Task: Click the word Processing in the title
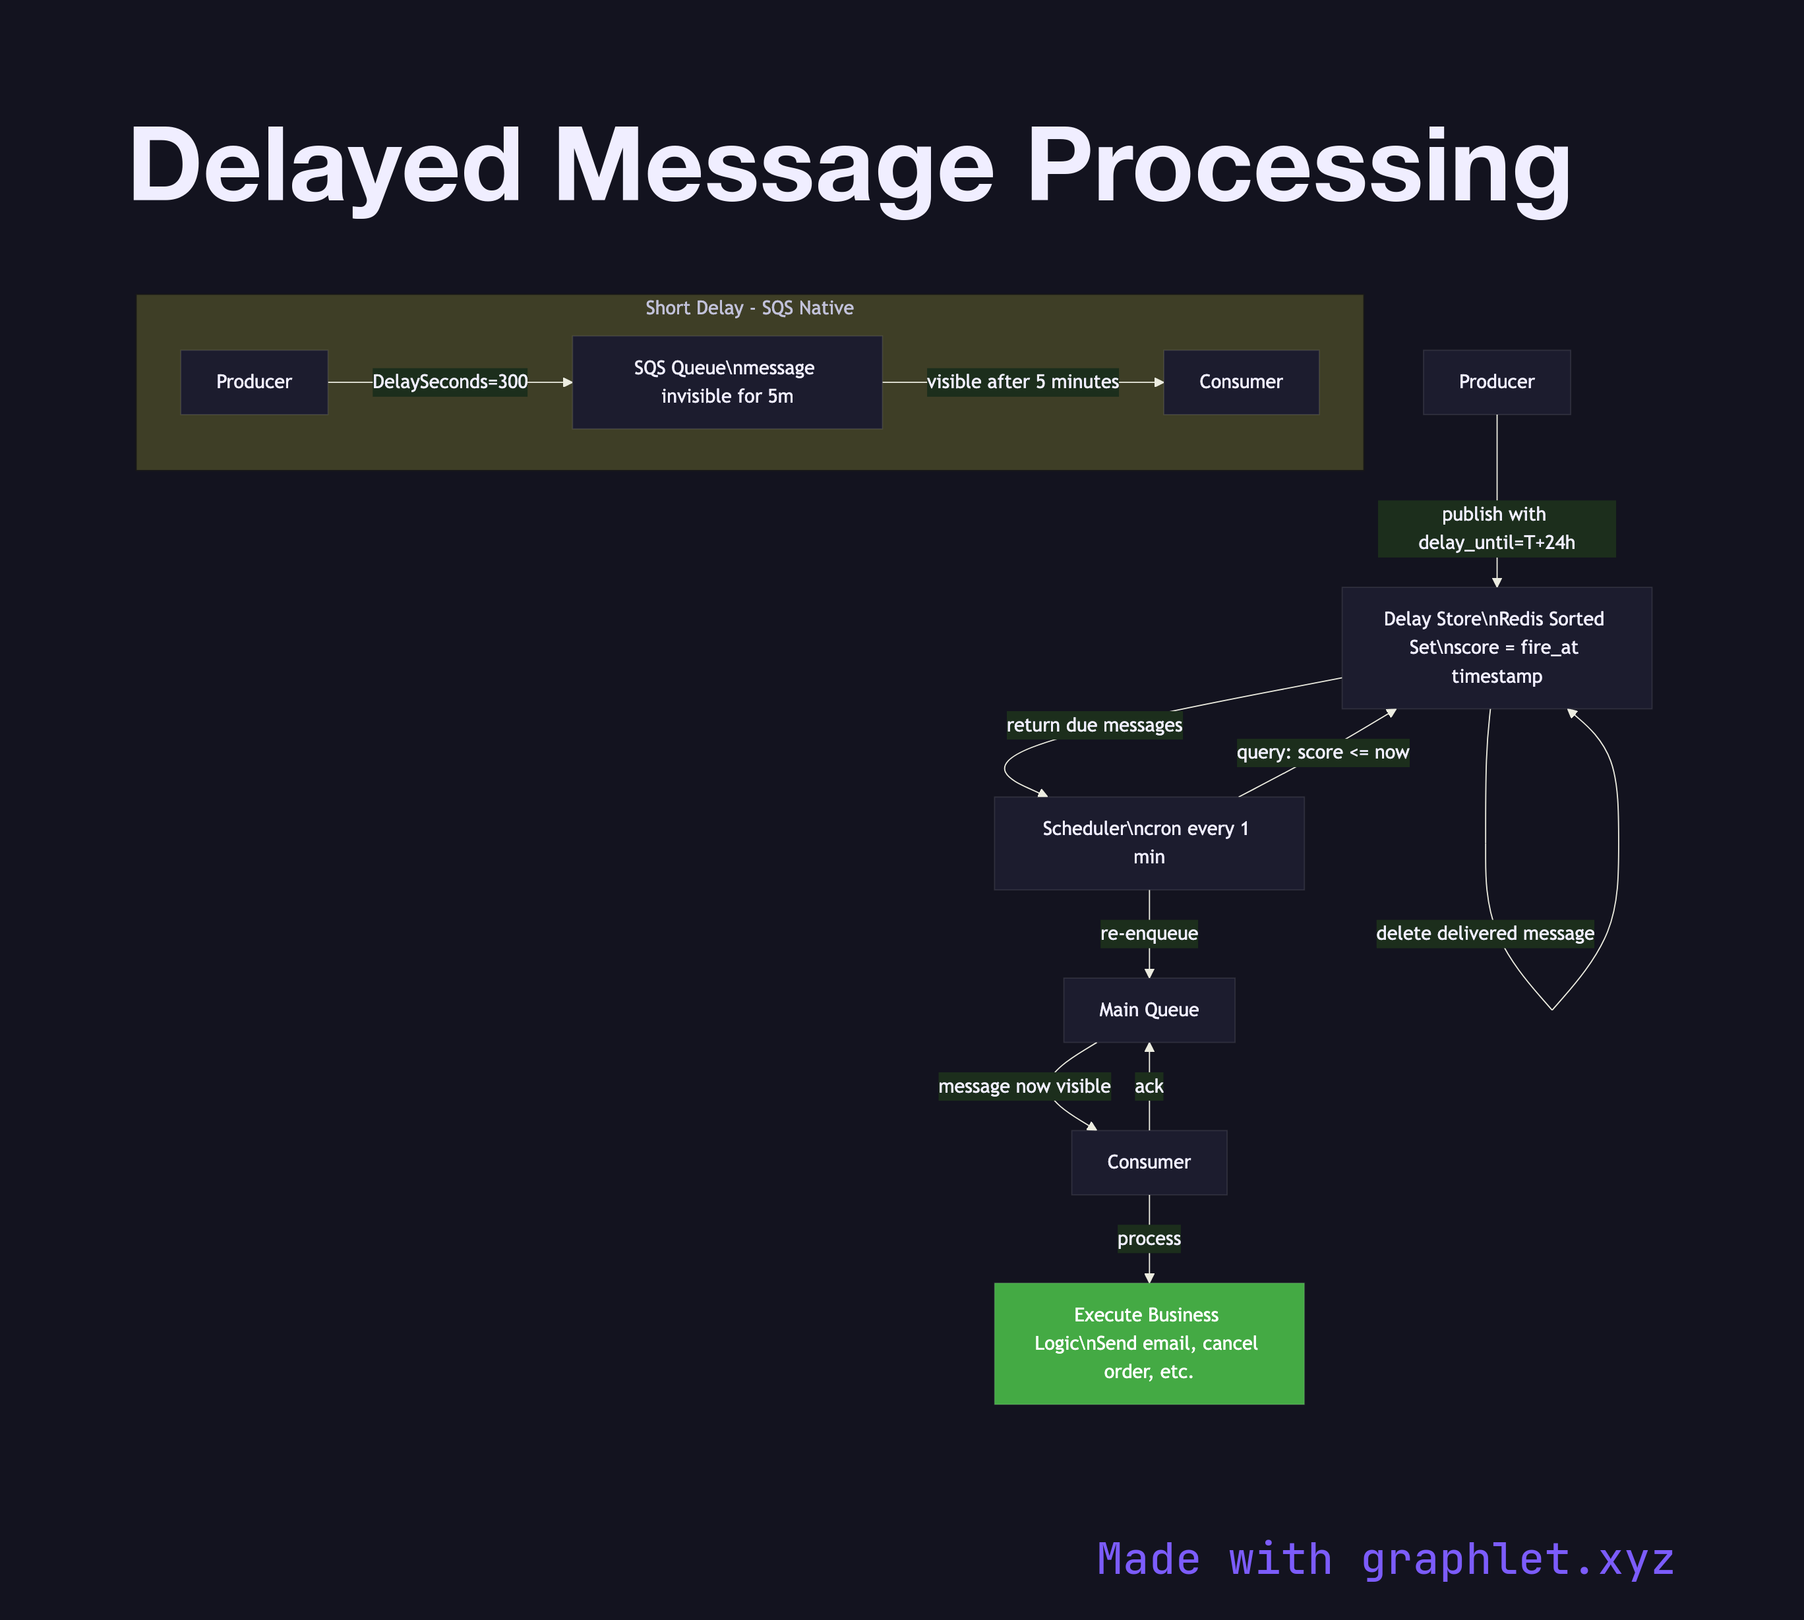(x=1298, y=167)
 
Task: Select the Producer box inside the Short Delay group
(x=254, y=382)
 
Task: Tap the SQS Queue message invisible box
(x=727, y=382)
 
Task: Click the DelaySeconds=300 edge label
(x=450, y=382)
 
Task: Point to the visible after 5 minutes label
(x=1022, y=382)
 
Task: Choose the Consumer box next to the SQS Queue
(x=1240, y=382)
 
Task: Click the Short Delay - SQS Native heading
(x=749, y=308)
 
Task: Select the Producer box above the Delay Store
(x=1496, y=382)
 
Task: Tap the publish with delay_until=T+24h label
(x=1496, y=529)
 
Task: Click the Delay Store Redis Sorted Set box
(x=1496, y=647)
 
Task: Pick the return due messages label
(x=1095, y=726)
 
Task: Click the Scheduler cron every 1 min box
(x=1149, y=843)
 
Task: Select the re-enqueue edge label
(x=1149, y=934)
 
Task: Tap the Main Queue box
(x=1149, y=1010)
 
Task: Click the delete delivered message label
(x=1484, y=934)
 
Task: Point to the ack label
(x=1149, y=1086)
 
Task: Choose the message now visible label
(x=1024, y=1086)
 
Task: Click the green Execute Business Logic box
(x=1149, y=1343)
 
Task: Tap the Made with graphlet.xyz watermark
(x=1385, y=1559)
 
